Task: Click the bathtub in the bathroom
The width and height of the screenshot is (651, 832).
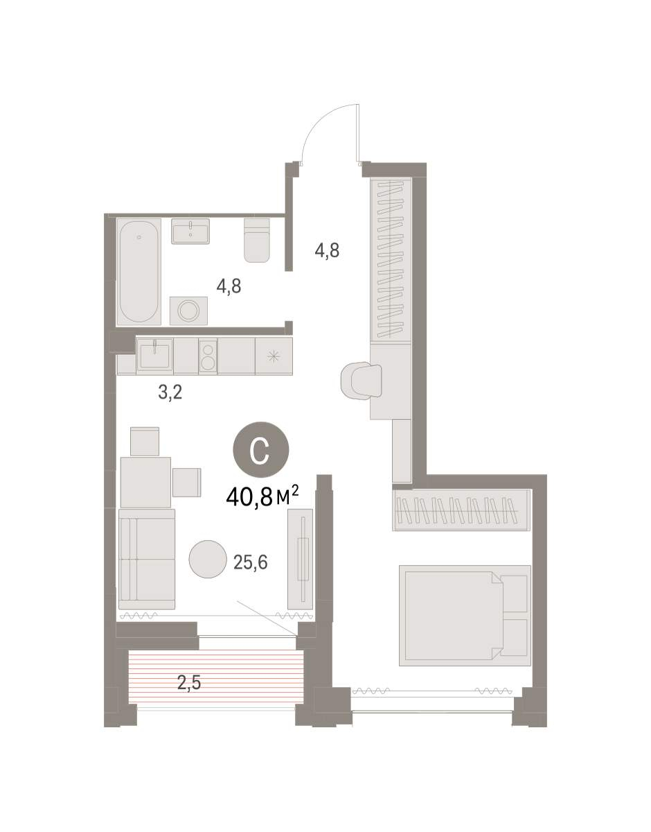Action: click(x=139, y=272)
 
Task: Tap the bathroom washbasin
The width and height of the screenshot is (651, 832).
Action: click(x=190, y=232)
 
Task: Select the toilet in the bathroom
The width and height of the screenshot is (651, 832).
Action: click(x=256, y=241)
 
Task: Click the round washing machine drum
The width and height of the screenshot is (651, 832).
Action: click(x=188, y=310)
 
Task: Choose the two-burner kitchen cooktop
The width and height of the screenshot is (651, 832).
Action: click(x=208, y=356)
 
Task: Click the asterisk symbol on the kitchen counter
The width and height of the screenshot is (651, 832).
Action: click(x=274, y=357)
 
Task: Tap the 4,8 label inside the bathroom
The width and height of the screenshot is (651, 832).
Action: click(x=229, y=286)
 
